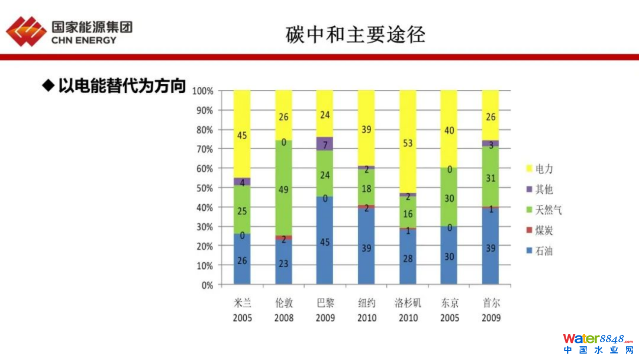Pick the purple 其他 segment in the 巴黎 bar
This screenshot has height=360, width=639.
pyautogui.click(x=325, y=144)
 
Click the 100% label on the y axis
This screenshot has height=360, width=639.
pyautogui.click(x=203, y=91)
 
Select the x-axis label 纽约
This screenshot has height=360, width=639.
pyautogui.click(x=366, y=303)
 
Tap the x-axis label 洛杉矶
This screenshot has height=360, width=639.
pyautogui.click(x=408, y=303)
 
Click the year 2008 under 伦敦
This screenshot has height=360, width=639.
pyautogui.click(x=283, y=318)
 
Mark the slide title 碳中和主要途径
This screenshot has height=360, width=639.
pyautogui.click(x=355, y=35)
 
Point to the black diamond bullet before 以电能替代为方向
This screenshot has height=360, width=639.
pyautogui.click(x=47, y=85)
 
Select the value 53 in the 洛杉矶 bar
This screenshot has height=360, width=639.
pyautogui.click(x=408, y=143)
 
